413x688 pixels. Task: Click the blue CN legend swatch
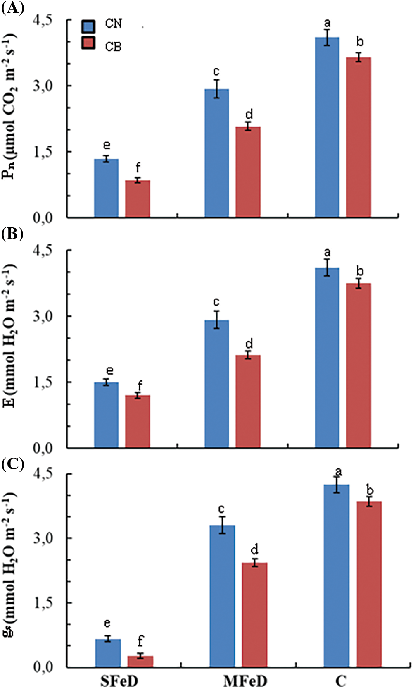(88, 26)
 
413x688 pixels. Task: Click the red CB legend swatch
(88, 43)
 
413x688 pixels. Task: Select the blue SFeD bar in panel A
(106, 188)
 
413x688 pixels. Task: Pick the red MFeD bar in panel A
(248, 172)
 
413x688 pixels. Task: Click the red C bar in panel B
(358, 365)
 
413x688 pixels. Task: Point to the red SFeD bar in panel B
(138, 421)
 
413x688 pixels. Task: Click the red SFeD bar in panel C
(140, 661)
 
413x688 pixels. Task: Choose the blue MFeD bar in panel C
(222, 596)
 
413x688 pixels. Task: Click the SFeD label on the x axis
(119, 680)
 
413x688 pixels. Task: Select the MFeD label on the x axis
(245, 680)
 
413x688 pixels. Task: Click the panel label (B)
(12, 234)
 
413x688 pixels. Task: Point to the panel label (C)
(12, 464)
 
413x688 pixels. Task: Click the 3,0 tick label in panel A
(43, 86)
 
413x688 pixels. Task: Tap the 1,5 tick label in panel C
(43, 603)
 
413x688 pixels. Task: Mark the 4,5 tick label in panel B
(43, 250)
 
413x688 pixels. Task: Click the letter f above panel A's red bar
(138, 167)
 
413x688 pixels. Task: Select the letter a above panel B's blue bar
(327, 252)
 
